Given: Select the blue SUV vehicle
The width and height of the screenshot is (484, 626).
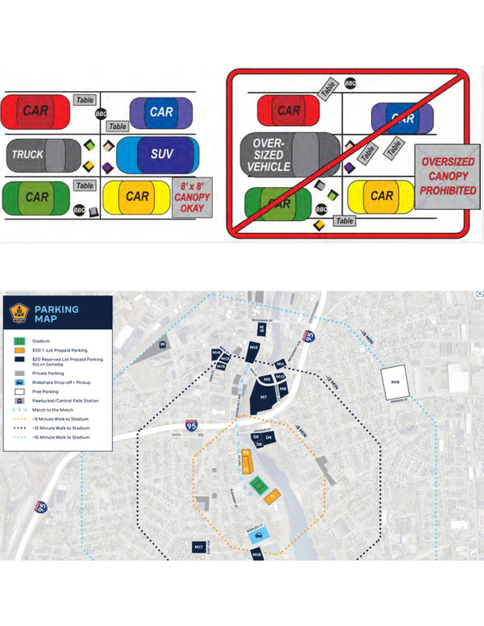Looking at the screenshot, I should click(158, 153).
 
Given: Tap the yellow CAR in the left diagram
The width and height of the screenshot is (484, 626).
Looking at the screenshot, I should click(138, 196).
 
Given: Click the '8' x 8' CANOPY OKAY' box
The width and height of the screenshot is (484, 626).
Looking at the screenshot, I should click(192, 198).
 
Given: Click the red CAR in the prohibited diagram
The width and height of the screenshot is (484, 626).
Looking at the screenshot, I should click(288, 111).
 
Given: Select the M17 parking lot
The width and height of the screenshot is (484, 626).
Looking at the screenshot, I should click(198, 548).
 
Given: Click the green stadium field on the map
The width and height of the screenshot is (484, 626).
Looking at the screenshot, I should click(258, 486).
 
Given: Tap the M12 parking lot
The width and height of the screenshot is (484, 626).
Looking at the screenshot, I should click(252, 348).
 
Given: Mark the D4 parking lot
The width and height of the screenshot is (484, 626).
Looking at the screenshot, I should click(269, 438).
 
